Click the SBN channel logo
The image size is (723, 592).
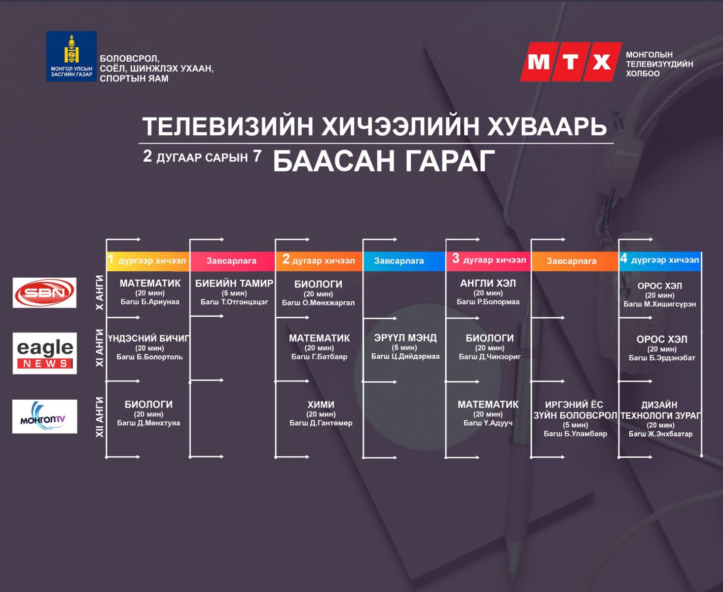click(44, 293)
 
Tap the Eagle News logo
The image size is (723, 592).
click(44, 353)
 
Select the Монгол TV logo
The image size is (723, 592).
click(44, 416)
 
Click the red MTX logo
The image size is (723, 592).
click(571, 62)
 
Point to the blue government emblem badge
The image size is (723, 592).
click(72, 56)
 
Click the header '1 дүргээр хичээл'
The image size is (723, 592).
click(147, 260)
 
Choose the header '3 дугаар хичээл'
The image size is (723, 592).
click(489, 259)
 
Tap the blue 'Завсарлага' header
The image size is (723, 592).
click(404, 260)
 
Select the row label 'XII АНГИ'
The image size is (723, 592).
click(100, 417)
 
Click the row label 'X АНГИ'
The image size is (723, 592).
click(100, 293)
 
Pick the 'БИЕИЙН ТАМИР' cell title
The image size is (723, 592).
click(234, 283)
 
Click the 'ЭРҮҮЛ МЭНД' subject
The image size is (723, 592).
click(405, 338)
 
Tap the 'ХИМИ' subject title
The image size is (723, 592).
click(321, 405)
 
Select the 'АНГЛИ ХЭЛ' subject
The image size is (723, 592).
click(488, 283)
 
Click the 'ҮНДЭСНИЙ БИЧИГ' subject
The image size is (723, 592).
click(149, 338)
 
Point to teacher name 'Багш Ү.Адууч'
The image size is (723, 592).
click(488, 423)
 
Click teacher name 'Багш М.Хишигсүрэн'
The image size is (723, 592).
click(659, 304)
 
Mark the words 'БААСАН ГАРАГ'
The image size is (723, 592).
click(384, 161)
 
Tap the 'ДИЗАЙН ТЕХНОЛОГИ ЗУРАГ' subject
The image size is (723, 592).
click(660, 410)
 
